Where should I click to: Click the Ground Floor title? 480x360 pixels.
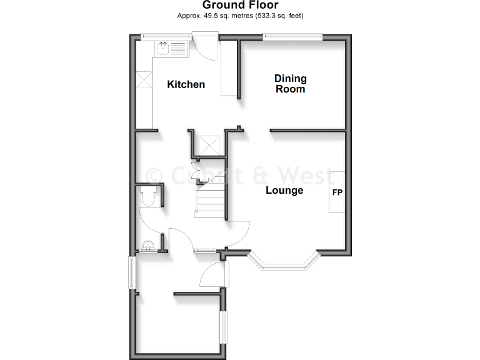point(240,6)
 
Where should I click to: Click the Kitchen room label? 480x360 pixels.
point(186,84)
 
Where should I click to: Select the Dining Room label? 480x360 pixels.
point(291,84)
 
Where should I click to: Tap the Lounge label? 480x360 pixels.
point(284,191)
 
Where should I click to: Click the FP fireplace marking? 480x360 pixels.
point(337,192)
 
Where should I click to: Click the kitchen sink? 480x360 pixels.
point(164,47)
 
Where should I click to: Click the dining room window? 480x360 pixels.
point(292,37)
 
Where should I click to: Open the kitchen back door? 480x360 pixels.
point(204,47)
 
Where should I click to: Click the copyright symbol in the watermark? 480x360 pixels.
point(154,174)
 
